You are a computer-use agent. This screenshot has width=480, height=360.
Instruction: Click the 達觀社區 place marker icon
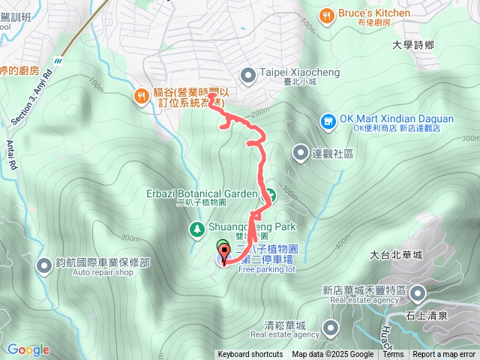(x=299, y=154)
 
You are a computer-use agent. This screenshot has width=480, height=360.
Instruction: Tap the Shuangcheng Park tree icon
(x=196, y=228)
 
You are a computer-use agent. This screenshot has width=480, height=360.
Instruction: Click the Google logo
(x=28, y=349)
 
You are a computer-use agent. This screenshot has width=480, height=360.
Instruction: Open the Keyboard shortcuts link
(x=250, y=355)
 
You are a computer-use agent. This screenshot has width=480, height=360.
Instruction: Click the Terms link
(x=393, y=355)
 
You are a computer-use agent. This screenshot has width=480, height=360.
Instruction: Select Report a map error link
(x=444, y=355)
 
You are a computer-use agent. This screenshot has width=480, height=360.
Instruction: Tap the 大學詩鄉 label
(x=412, y=46)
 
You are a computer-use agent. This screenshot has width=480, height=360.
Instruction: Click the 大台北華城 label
(x=396, y=255)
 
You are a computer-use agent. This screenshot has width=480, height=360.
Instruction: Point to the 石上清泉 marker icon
(x=417, y=293)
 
